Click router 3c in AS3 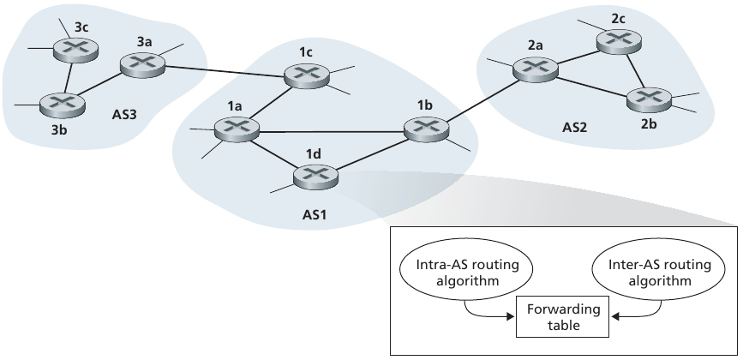(74, 48)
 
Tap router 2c (618, 39)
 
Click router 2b (648, 99)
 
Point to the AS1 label (315, 213)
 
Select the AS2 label (576, 128)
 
